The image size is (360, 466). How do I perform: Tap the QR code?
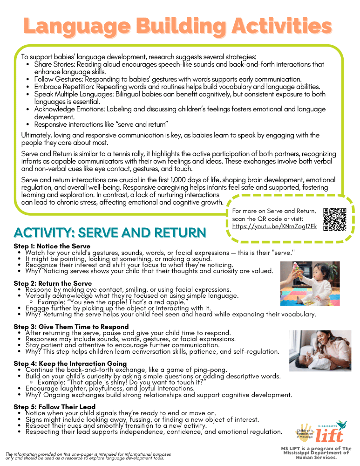pos(334,219)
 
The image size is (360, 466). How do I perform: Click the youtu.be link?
pos(274,226)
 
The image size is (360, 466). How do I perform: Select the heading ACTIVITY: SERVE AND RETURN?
pos(110,233)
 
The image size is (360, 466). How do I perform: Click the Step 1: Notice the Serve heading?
pos(52,246)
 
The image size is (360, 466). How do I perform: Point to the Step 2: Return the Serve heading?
pos(53,283)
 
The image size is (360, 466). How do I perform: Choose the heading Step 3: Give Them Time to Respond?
pos(71,327)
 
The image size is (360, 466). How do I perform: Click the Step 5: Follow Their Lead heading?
pos(54,407)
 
